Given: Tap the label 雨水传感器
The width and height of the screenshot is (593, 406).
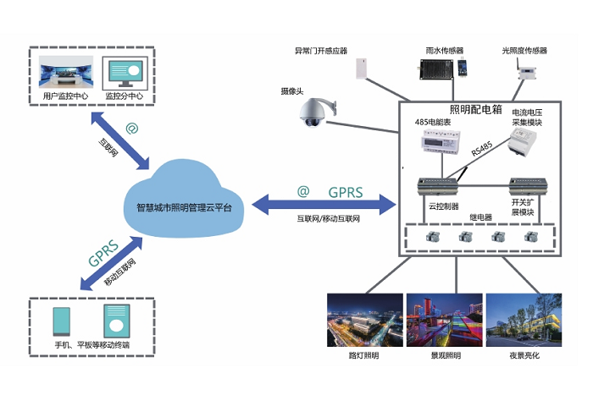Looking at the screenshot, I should (443, 50).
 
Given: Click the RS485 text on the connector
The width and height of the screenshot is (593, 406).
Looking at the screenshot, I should (481, 150).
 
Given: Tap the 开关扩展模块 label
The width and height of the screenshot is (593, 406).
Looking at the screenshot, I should (523, 207).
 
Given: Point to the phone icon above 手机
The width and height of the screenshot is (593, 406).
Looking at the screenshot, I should (62, 321).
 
